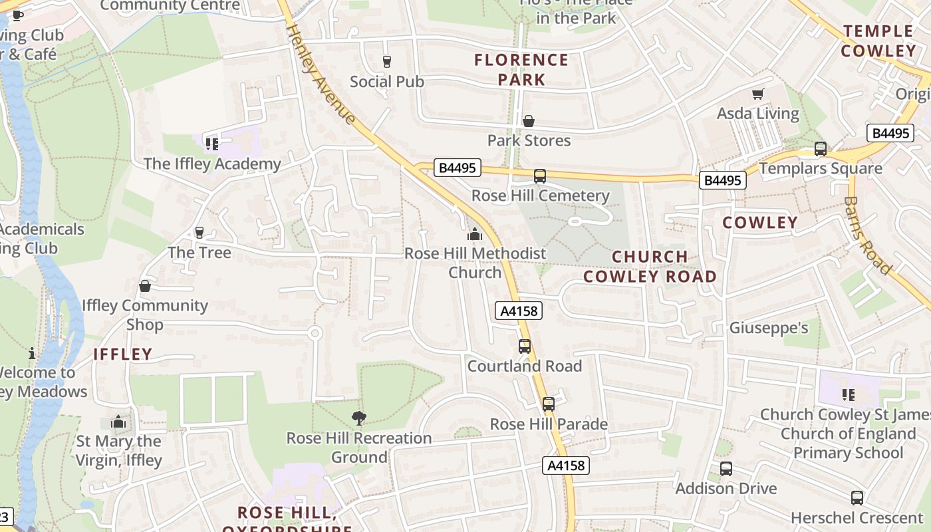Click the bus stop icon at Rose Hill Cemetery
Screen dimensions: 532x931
540,176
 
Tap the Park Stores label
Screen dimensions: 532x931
529,140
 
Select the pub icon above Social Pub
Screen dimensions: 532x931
387,62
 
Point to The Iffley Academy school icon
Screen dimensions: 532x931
212,144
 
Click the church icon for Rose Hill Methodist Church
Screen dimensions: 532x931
474,234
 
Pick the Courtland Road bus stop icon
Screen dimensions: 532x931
525,346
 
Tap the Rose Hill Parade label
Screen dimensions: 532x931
549,424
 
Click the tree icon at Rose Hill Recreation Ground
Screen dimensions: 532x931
359,418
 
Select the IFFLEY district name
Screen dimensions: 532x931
123,354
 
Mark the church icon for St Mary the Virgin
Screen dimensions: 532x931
118,422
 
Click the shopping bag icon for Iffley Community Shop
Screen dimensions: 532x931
145,286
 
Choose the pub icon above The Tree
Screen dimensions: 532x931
199,233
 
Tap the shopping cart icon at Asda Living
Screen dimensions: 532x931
757,94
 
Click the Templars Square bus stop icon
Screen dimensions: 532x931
821,149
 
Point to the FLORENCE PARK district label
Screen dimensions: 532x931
521,70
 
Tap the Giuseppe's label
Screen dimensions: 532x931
769,328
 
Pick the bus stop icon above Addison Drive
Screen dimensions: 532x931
726,469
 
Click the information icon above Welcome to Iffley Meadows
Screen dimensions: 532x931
31,353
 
